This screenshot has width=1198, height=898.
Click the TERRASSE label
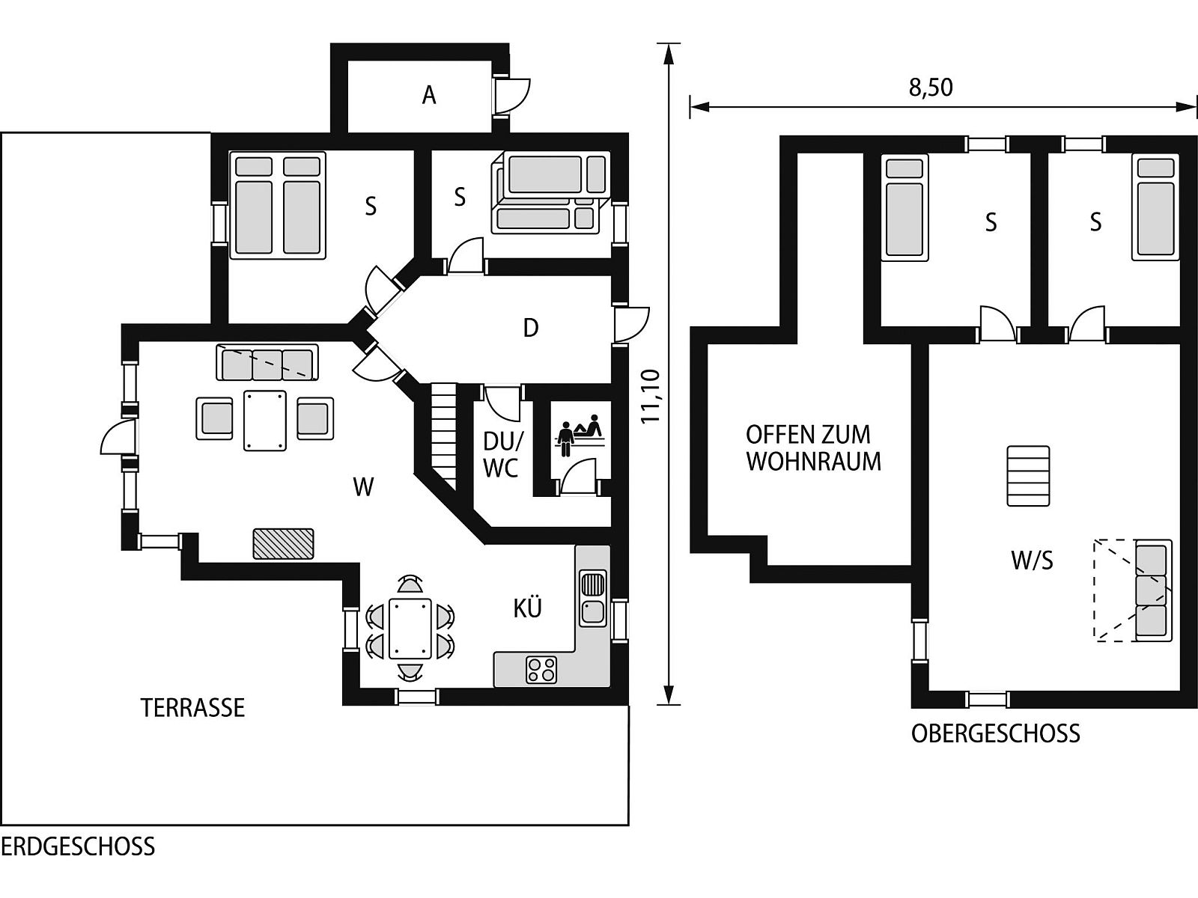tap(192, 708)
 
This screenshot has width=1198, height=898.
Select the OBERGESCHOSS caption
tap(996, 734)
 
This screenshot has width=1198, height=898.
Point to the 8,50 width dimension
tap(931, 88)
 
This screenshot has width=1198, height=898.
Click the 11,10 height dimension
tap(651, 397)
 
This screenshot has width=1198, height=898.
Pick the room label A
tap(429, 96)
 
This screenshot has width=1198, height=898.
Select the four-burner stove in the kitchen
tap(541, 670)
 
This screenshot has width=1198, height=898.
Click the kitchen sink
tap(593, 598)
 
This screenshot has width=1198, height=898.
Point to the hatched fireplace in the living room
tap(283, 543)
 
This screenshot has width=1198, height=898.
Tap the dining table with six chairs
tap(410, 628)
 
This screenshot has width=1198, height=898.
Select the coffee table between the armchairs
tap(265, 421)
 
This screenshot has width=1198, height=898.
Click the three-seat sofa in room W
tap(267, 362)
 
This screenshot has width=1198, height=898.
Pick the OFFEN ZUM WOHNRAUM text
tap(813, 448)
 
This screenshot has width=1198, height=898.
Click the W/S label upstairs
tap(1032, 561)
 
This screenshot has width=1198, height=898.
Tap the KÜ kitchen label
tap(527, 608)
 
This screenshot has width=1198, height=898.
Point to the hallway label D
tap(531, 329)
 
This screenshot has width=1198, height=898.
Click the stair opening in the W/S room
tap(1028, 476)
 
